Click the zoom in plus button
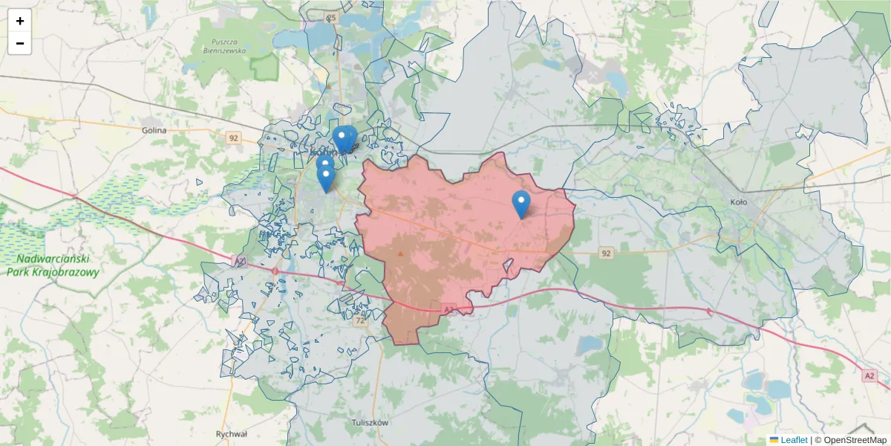point(19,21)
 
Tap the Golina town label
point(154,129)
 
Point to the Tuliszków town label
point(371,422)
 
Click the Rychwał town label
point(231,433)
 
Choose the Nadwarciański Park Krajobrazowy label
point(53,265)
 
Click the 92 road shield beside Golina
point(234,138)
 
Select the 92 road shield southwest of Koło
point(607,253)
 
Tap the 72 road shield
point(361,320)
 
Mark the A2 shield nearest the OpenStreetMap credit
point(869,376)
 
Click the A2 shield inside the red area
point(448,308)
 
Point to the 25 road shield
point(331,16)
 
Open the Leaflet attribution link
point(794,440)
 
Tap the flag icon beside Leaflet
point(774,440)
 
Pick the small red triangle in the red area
point(401,253)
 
